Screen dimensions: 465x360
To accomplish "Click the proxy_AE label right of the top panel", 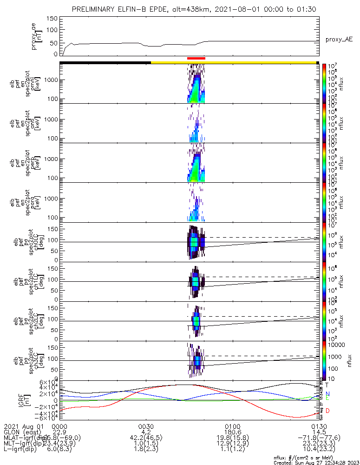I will pyautogui.click(x=339, y=40).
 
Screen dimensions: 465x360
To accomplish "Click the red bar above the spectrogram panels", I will pyautogui.click(x=196, y=58).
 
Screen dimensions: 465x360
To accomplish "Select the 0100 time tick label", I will pyautogui.click(x=232, y=426).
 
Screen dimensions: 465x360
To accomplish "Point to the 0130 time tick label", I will pyautogui.click(x=319, y=426).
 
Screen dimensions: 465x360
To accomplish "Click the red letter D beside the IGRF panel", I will pyautogui.click(x=328, y=411).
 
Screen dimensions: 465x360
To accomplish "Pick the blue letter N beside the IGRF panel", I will pyautogui.click(x=327, y=393).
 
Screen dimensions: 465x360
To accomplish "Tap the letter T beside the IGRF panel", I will pyautogui.click(x=327, y=385).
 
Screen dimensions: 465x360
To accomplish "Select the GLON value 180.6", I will pyautogui.click(x=232, y=432).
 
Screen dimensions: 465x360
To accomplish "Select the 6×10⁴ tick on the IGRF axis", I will pyautogui.click(x=46, y=382).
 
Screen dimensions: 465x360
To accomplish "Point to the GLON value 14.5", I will pyautogui.click(x=319, y=432).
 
